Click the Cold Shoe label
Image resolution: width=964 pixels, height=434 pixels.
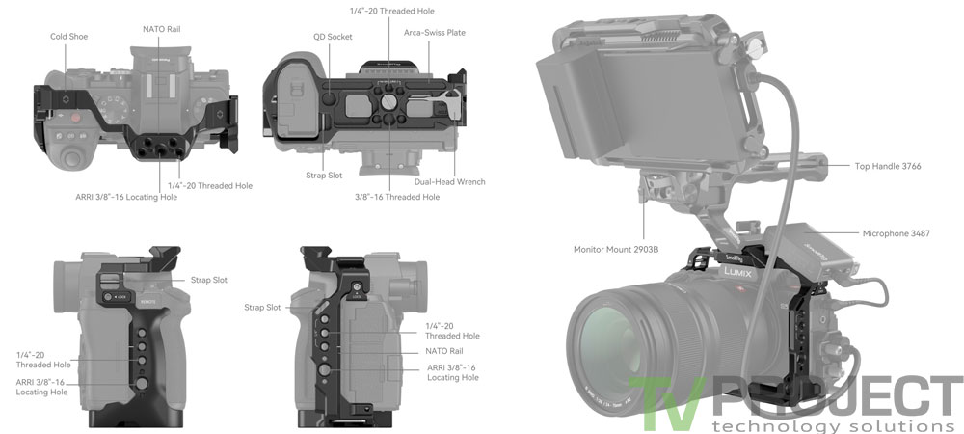tap(70, 37)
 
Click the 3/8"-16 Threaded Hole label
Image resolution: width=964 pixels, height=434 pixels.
tap(397, 197)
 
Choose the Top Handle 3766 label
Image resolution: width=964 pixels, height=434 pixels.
tap(888, 166)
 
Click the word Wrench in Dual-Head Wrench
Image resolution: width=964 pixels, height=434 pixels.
tap(470, 181)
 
